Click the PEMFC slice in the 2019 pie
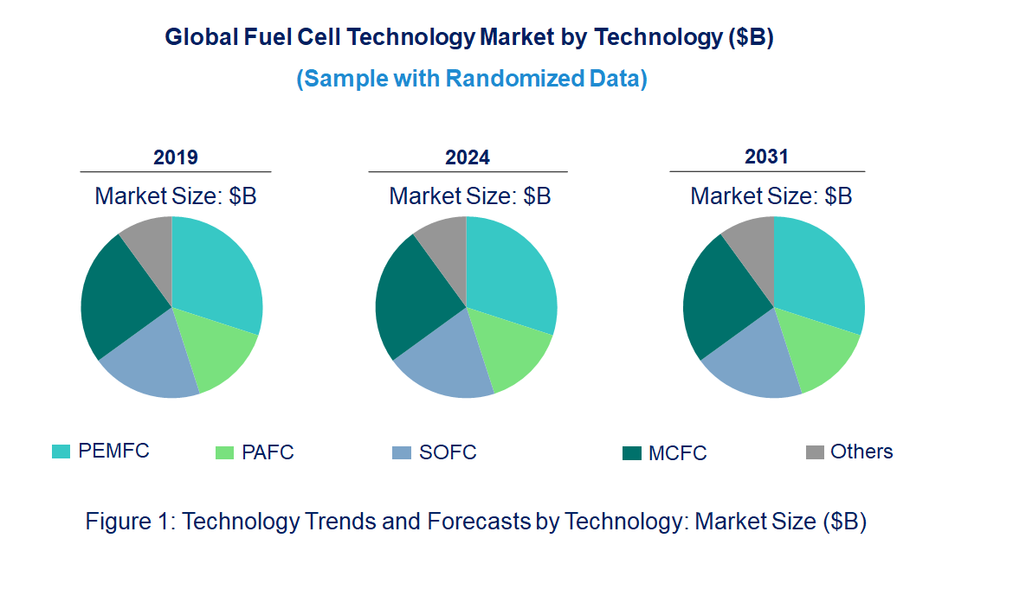216,272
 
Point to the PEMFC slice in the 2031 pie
818,272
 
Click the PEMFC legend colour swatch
61,452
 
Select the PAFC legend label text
268,452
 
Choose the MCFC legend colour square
631,453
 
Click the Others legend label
861,452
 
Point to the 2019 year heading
176,157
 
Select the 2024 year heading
468,157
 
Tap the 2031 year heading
767,157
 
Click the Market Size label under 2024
469,196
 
